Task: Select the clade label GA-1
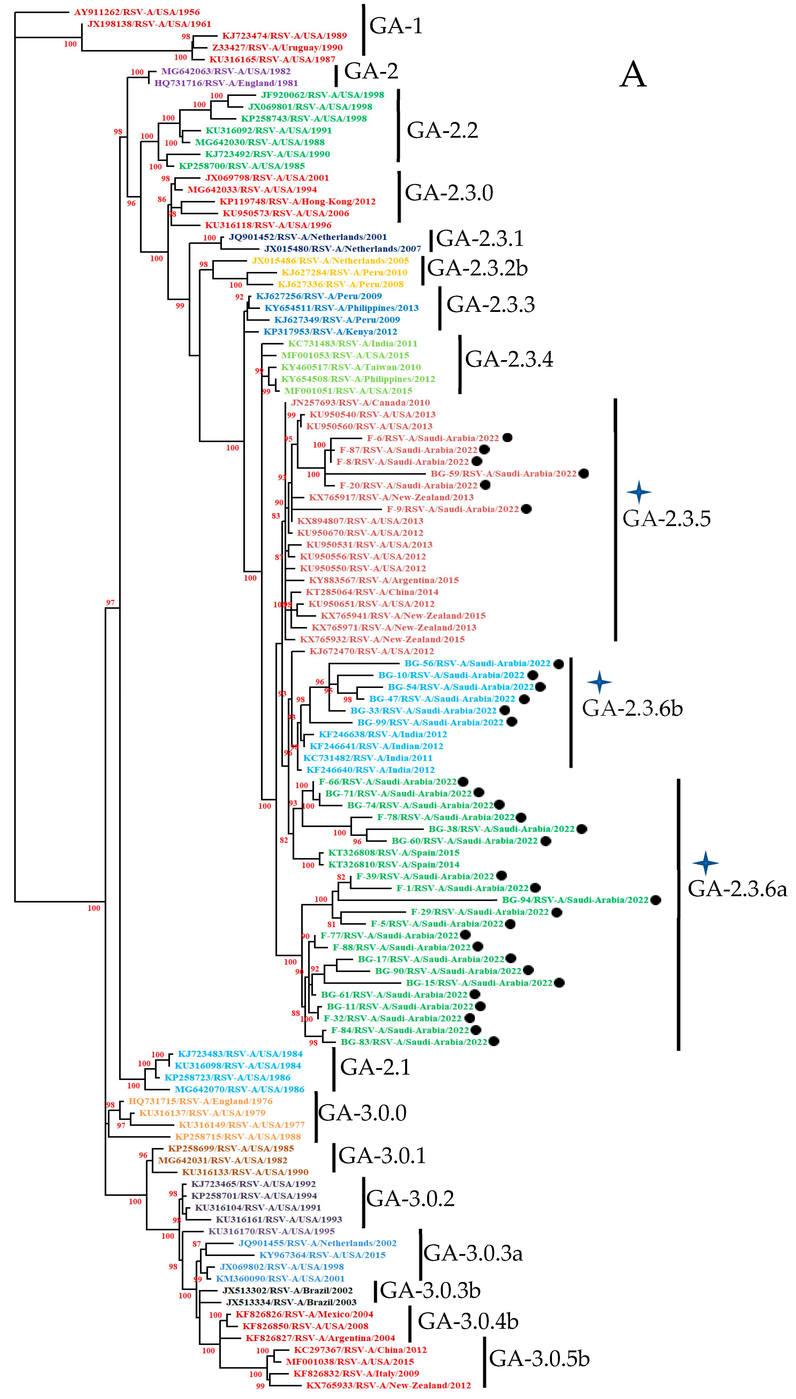(x=396, y=26)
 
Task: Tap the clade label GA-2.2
(x=442, y=130)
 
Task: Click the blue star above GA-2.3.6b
(x=599, y=682)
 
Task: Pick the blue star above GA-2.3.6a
(x=705, y=862)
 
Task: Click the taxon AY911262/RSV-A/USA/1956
(x=137, y=12)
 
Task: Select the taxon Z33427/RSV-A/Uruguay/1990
(x=277, y=47)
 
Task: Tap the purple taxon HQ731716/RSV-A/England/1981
(x=226, y=83)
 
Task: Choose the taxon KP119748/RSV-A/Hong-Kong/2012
(x=297, y=201)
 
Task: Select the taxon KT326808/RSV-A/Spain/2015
(x=394, y=853)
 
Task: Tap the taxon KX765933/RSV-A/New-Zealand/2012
(x=388, y=1385)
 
